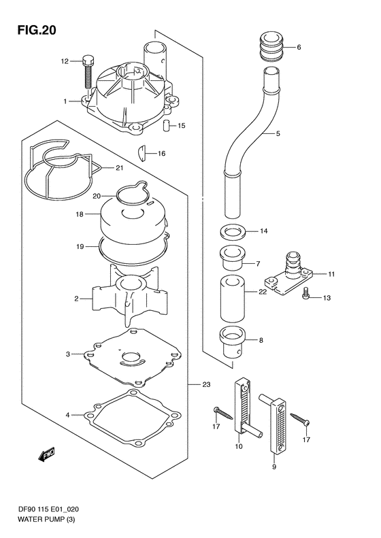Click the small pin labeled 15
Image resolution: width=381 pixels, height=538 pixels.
click(x=165, y=126)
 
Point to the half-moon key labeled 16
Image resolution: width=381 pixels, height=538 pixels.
click(x=145, y=152)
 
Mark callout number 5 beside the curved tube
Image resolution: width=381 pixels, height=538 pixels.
click(x=277, y=134)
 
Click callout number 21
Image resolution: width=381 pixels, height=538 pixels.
click(x=118, y=167)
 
